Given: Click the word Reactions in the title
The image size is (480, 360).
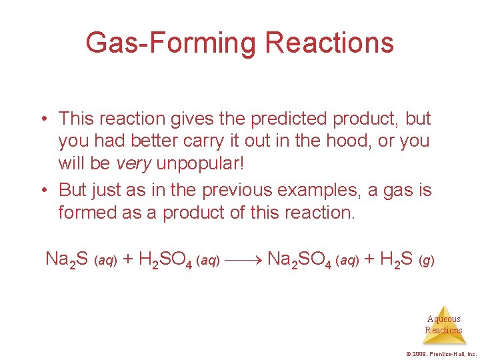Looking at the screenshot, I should point(329,43).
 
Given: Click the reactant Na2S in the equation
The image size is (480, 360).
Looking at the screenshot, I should point(67,259).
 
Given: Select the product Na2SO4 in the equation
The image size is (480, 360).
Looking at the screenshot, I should point(299,259).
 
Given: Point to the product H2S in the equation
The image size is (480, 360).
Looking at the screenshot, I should point(396,259).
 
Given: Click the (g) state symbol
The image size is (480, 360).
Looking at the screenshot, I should point(427,260).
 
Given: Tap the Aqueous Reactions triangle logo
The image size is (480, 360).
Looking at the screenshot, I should point(444,325).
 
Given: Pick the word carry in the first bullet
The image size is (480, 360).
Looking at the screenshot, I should point(186,142).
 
